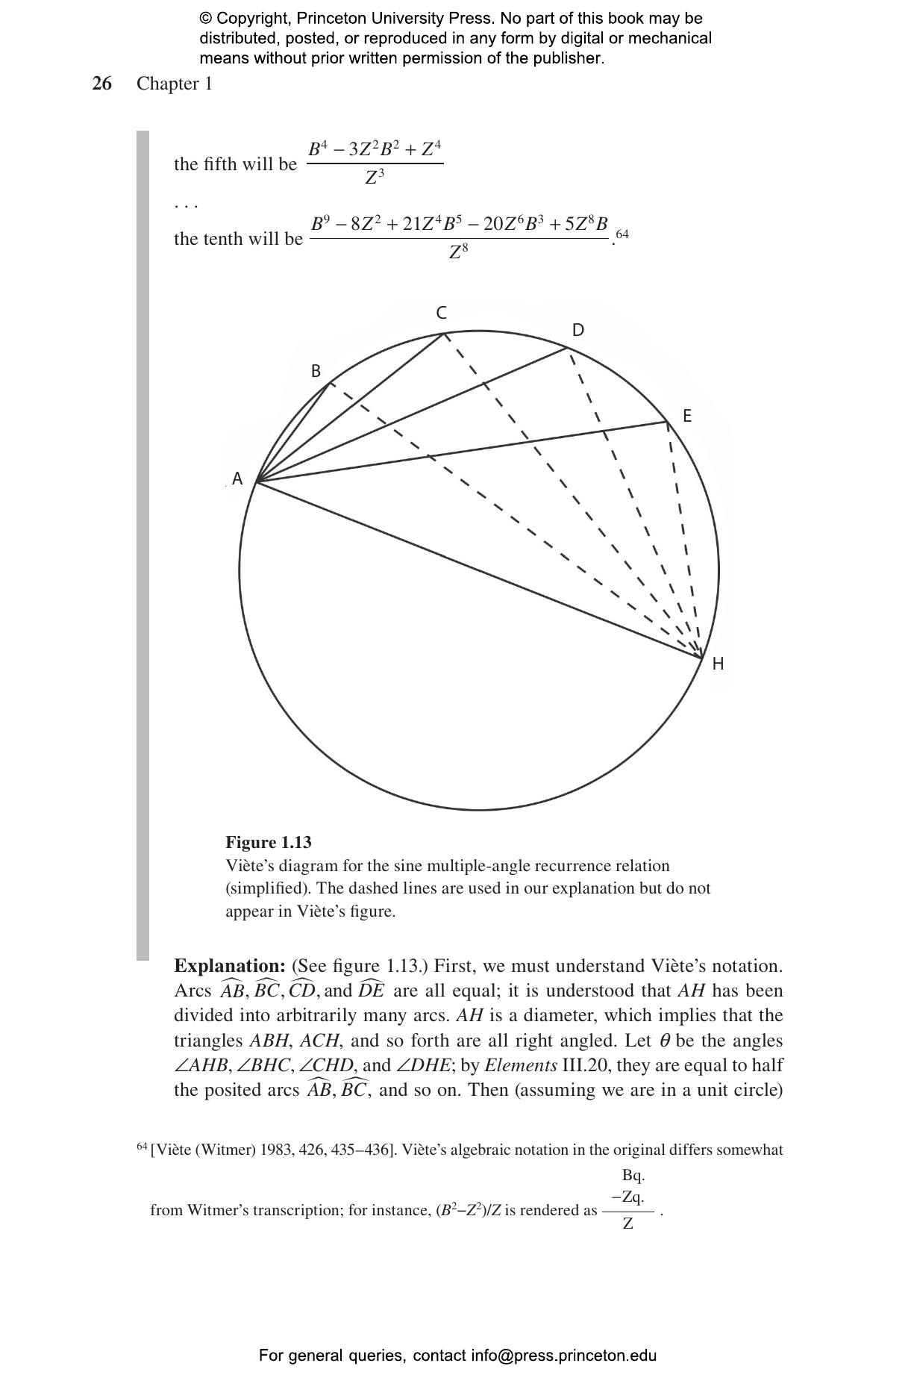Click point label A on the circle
click(237, 479)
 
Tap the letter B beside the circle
click(316, 371)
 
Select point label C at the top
click(441, 313)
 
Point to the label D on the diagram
click(577, 331)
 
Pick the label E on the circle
click(687, 416)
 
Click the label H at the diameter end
click(718, 664)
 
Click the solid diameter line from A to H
click(478, 570)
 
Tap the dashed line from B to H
click(515, 521)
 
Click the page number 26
click(102, 84)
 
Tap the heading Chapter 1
click(174, 84)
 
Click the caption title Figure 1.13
click(269, 842)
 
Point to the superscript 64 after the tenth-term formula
click(622, 234)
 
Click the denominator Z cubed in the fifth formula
click(375, 178)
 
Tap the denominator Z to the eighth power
click(458, 252)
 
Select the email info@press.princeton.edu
click(563, 1356)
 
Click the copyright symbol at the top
click(205, 19)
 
